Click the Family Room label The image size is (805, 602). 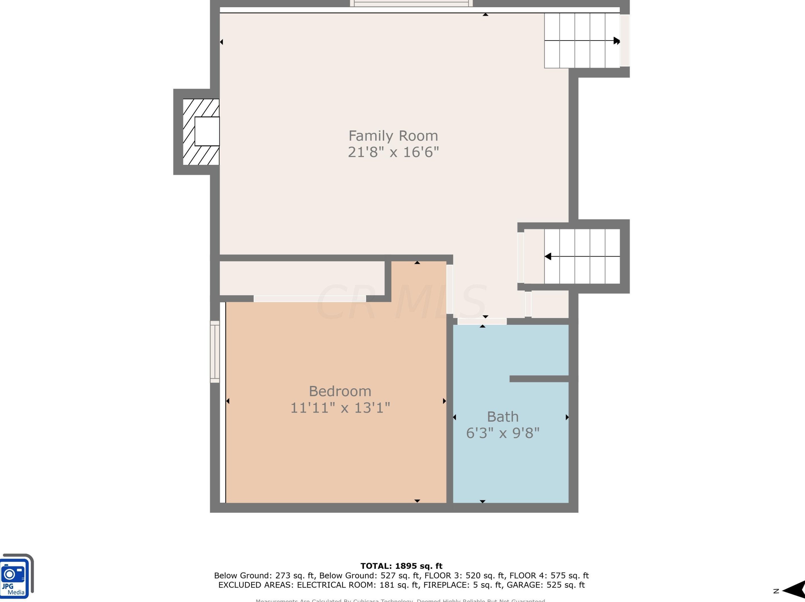[393, 136]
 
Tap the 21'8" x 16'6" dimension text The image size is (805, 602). [393, 152]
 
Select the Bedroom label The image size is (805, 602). [340, 391]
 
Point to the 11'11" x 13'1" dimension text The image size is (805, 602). [340, 408]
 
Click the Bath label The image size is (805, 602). [503, 417]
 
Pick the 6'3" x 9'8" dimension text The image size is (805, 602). [503, 433]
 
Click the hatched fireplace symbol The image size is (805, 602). [201, 132]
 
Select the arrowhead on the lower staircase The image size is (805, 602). [548, 257]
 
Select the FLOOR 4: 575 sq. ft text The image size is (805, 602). [549, 575]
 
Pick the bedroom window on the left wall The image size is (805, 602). [215, 351]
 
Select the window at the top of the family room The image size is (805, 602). [411, 4]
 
